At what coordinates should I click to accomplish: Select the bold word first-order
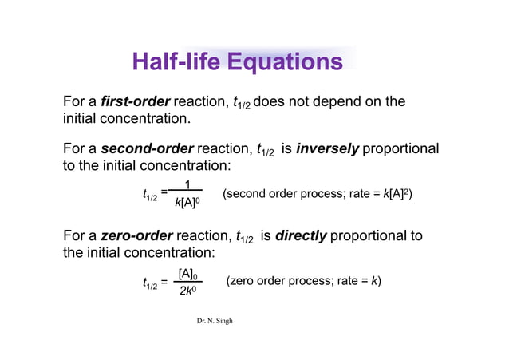(x=136, y=102)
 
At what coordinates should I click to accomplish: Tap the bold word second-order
(x=148, y=149)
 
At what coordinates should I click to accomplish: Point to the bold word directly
(x=301, y=236)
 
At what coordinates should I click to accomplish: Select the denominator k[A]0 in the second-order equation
(x=186, y=204)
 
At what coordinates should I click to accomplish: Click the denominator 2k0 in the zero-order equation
(x=187, y=292)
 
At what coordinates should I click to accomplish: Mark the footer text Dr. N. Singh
(x=215, y=321)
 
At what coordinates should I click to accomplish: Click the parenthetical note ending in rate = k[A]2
(x=318, y=194)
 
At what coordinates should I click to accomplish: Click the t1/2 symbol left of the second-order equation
(x=149, y=195)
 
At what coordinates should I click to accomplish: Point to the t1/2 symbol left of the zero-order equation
(x=149, y=283)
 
